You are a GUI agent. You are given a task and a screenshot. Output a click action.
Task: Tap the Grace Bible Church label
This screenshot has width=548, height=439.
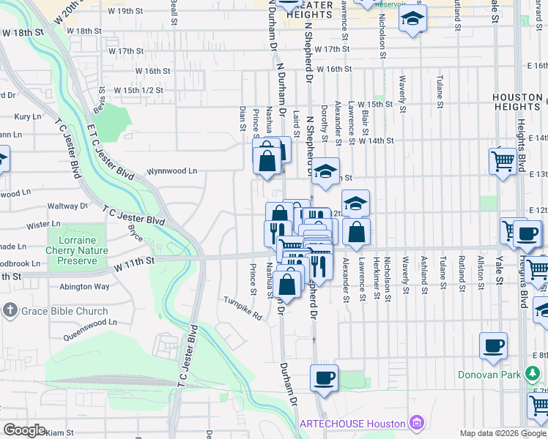(x=64, y=311)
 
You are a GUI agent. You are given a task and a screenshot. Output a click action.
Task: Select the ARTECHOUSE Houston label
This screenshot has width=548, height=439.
(x=352, y=424)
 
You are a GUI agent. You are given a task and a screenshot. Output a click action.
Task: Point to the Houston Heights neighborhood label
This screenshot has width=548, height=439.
(x=517, y=102)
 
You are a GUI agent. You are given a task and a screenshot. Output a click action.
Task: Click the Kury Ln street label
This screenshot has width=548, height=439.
(x=27, y=116)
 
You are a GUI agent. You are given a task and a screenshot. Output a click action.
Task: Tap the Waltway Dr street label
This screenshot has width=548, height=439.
(x=67, y=206)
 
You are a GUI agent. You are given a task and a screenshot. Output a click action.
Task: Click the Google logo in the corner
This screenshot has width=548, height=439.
(x=24, y=430)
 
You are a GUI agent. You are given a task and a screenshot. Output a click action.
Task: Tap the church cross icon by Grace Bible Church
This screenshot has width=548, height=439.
(x=10, y=311)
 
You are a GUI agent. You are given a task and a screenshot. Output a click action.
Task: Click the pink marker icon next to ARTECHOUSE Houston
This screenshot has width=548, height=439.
(x=417, y=423)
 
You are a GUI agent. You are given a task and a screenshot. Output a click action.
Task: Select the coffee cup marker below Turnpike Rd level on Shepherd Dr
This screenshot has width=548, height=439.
(x=324, y=379)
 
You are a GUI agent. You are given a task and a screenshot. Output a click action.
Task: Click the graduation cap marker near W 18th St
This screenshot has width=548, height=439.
(x=413, y=20)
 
